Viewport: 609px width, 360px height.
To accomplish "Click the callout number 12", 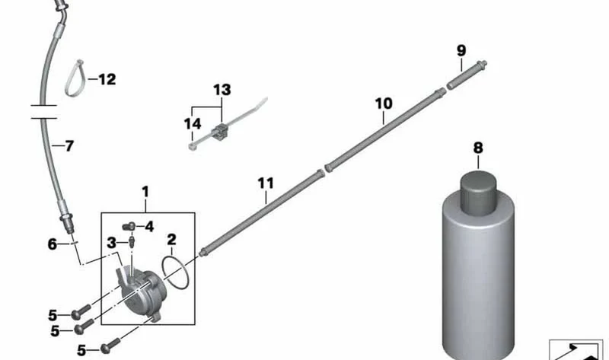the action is (107, 79).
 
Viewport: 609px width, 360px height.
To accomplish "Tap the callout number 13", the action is (222, 90).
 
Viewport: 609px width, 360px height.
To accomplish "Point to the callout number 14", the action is (193, 124).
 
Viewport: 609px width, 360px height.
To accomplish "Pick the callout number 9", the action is (461, 50).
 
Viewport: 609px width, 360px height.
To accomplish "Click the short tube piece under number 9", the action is (467, 75).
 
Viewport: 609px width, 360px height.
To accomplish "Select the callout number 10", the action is (384, 104).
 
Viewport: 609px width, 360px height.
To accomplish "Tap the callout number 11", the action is (266, 183).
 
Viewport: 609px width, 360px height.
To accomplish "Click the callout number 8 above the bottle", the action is (478, 148).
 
